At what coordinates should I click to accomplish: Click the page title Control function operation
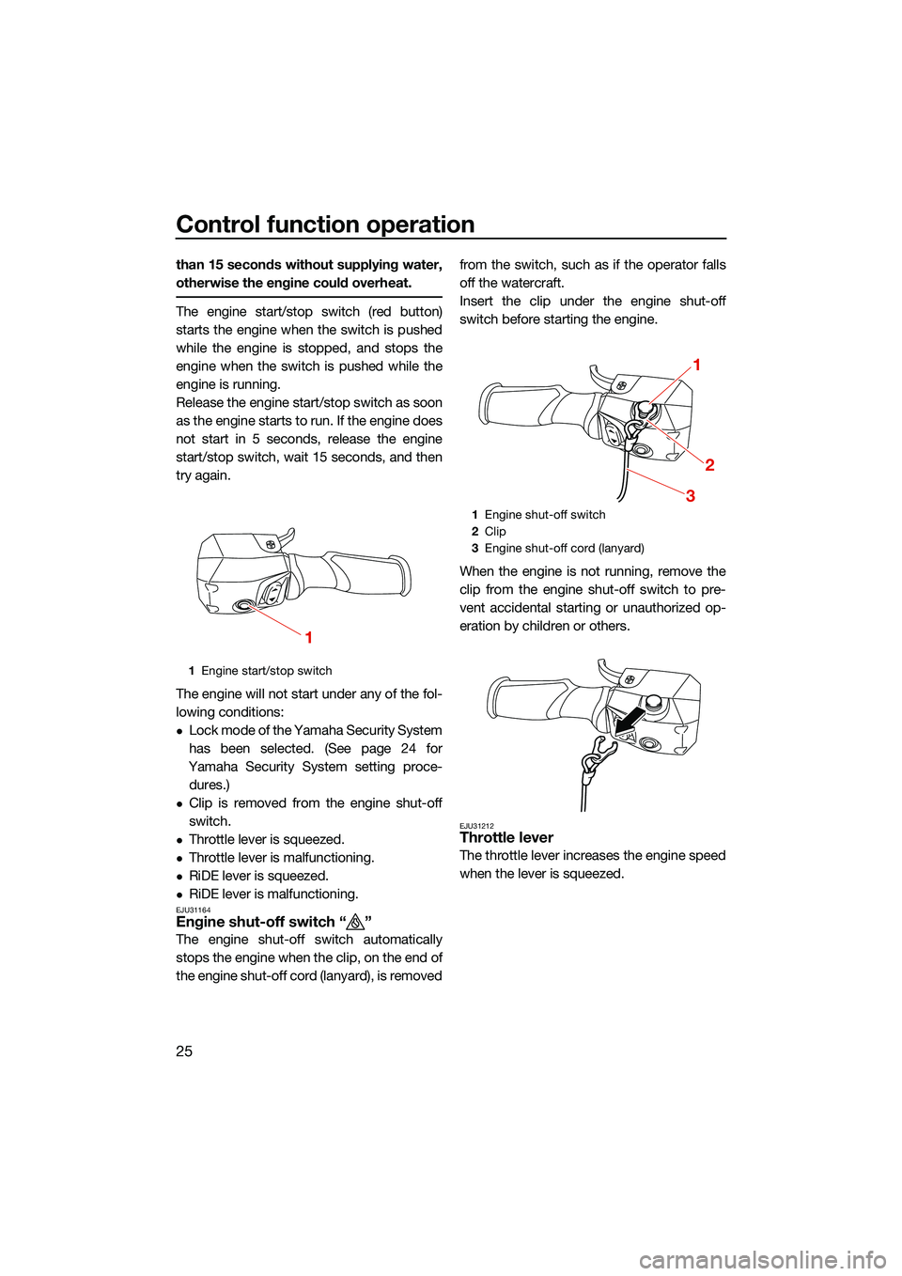325,225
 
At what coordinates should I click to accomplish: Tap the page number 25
184,1050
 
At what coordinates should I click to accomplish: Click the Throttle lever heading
506,837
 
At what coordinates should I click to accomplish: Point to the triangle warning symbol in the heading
355,922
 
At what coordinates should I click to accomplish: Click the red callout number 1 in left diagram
308,637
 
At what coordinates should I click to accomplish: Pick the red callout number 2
709,464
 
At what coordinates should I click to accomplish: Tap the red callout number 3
690,495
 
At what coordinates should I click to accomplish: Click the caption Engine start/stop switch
266,671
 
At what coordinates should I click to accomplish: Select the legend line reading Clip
494,531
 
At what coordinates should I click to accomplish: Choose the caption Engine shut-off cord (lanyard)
564,548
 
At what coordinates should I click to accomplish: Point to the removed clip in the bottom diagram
596,756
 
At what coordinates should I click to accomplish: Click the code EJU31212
476,826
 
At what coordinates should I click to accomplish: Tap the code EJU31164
193,910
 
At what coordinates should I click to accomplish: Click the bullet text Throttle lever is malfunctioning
281,857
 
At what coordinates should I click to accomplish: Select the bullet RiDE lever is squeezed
258,876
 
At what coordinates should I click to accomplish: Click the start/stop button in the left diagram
245,606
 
